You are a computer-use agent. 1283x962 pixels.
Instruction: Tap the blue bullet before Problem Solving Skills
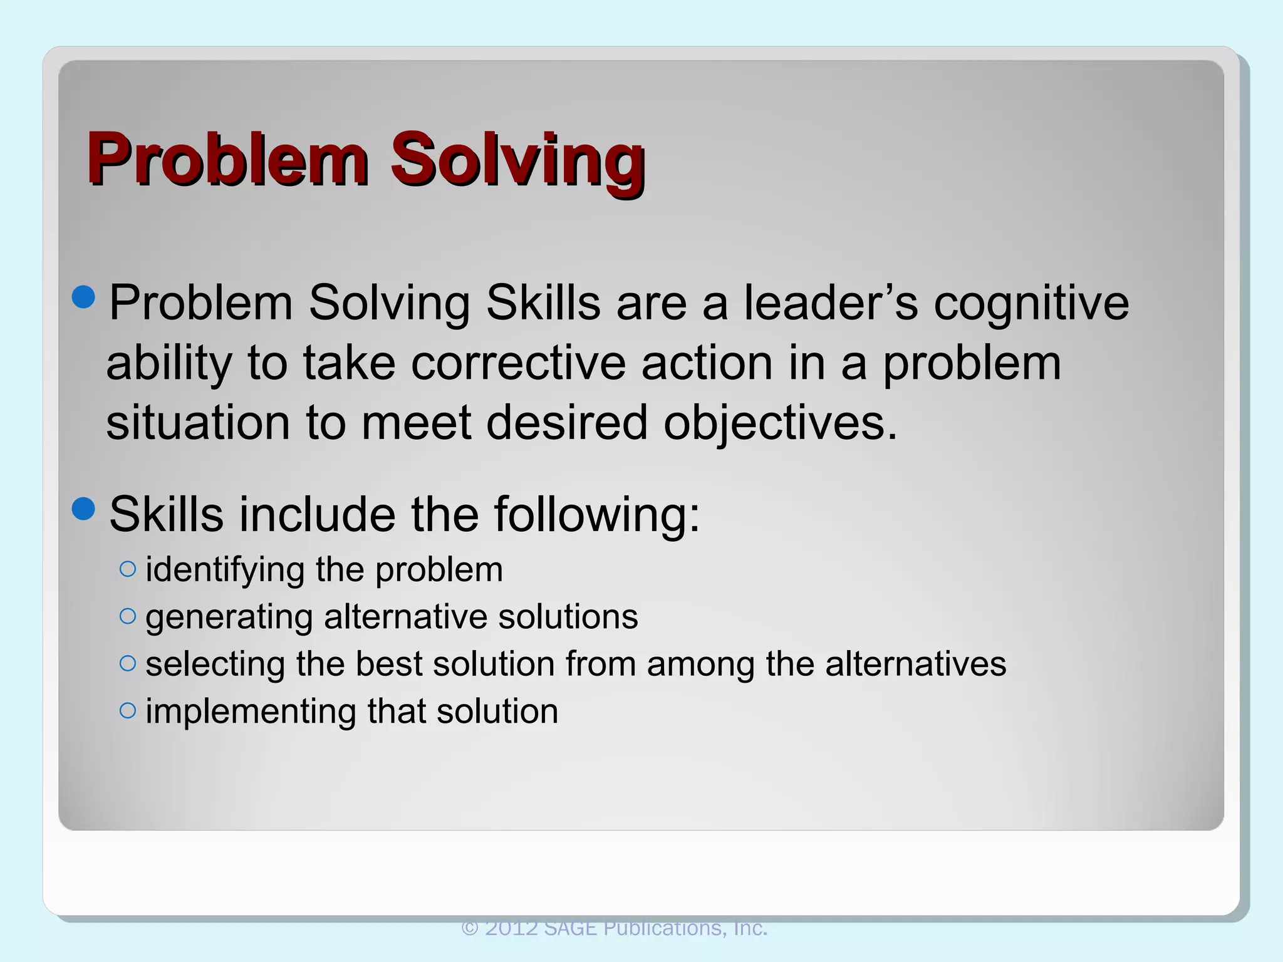(84, 297)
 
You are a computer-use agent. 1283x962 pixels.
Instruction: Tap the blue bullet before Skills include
(84, 509)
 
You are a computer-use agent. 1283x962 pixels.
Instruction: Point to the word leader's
(831, 303)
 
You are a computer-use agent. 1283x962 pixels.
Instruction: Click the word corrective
(519, 363)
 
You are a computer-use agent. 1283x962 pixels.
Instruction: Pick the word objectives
(781, 423)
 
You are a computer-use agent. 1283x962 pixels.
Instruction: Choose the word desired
(567, 422)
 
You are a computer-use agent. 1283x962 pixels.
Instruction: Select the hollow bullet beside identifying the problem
(127, 569)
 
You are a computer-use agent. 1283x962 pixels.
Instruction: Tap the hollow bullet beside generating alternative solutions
(127, 616)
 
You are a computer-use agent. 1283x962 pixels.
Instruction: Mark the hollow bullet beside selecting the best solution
(127, 663)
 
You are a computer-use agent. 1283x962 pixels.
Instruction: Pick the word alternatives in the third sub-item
(915, 664)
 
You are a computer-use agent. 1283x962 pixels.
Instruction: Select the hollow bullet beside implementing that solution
(127, 710)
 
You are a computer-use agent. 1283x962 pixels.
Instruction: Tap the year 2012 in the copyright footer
(511, 928)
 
